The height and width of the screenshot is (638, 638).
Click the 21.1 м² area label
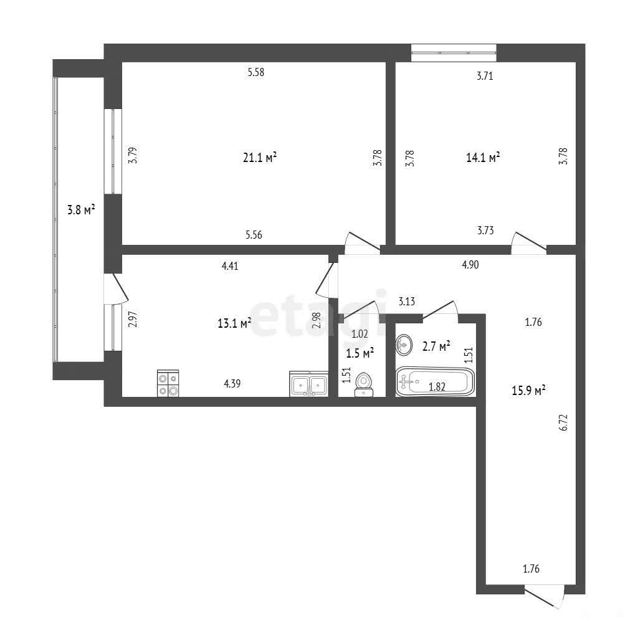pyautogui.click(x=260, y=158)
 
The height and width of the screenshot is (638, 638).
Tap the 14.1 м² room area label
pyautogui.click(x=483, y=158)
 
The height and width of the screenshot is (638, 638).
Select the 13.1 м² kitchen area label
pyautogui.click(x=234, y=323)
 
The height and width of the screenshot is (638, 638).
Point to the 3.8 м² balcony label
pyautogui.click(x=81, y=211)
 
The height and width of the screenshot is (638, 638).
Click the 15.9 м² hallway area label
pyautogui.click(x=528, y=391)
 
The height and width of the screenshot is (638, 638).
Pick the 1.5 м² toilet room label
pyautogui.click(x=360, y=353)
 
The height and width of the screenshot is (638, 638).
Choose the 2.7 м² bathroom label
pyautogui.click(x=436, y=346)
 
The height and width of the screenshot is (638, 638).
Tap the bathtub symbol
pyautogui.click(x=435, y=382)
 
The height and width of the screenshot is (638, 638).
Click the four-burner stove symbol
pyautogui.click(x=168, y=383)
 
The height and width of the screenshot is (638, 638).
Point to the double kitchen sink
pyautogui.click(x=309, y=383)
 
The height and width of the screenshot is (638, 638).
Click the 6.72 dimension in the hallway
pyautogui.click(x=563, y=422)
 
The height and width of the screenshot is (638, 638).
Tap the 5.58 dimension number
pyautogui.click(x=256, y=72)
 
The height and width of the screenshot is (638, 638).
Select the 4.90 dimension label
pyautogui.click(x=470, y=264)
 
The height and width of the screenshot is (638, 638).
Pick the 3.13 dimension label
pyautogui.click(x=406, y=301)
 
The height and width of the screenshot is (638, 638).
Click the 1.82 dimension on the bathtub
pyautogui.click(x=437, y=386)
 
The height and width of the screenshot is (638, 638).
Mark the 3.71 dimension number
pyautogui.click(x=485, y=75)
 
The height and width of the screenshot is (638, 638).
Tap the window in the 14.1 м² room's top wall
pyautogui.click(x=454, y=53)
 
